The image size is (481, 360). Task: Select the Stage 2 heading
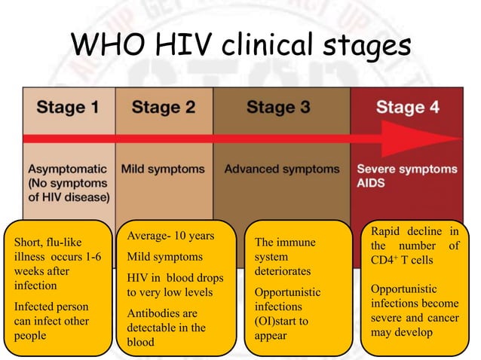click(x=164, y=107)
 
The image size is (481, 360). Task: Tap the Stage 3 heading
click(x=277, y=107)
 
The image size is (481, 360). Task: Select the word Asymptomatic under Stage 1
click(x=67, y=169)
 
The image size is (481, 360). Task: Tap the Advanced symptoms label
click(x=281, y=169)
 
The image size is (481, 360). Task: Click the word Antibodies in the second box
click(x=151, y=313)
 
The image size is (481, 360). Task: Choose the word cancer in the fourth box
click(x=441, y=318)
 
